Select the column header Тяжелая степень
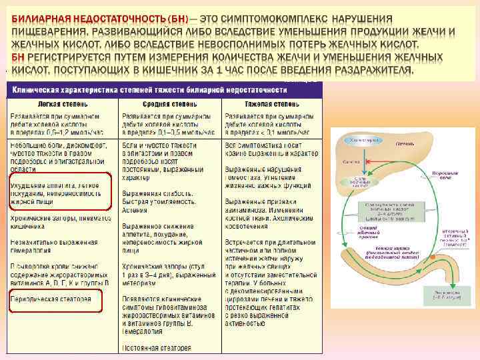click(x=267, y=104)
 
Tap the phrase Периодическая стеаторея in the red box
click(x=51, y=299)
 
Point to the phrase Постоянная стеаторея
click(x=156, y=348)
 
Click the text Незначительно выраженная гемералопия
click(x=53, y=246)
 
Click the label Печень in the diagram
click(x=405, y=142)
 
